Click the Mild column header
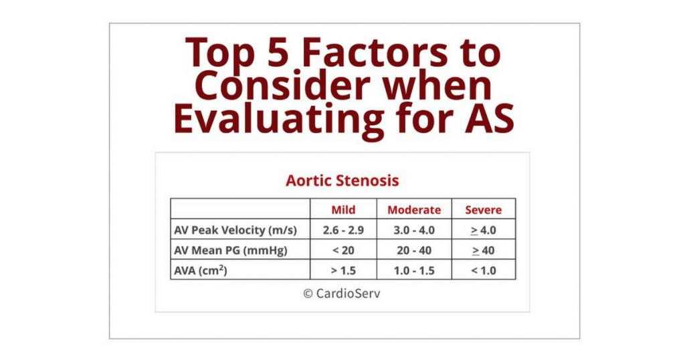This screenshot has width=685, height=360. [343, 209]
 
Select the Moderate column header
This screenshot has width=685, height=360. [414, 209]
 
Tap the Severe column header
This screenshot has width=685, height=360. [483, 209]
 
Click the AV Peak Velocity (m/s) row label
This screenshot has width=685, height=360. [235, 230]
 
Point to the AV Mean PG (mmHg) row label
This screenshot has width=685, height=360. [231, 250]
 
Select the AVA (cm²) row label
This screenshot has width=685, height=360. [201, 270]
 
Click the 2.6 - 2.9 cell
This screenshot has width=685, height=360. [343, 230]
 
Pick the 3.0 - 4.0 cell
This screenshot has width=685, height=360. [414, 230]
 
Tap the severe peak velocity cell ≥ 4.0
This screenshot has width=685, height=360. [483, 230]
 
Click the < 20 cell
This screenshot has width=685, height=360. [343, 250]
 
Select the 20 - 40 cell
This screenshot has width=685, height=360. [414, 250]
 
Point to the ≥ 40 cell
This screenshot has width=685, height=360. [483, 250]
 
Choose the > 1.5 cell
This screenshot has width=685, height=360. [343, 270]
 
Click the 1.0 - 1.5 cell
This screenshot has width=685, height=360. [414, 270]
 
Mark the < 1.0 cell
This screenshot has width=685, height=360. [483, 270]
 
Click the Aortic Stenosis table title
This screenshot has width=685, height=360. [342, 181]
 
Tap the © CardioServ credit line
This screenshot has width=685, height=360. [342, 293]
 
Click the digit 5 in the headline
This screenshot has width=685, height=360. [278, 53]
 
